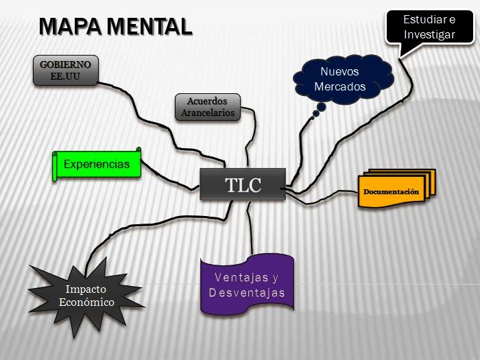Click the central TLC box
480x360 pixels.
coord(243,184)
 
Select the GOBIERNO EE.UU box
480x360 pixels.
coord(66,71)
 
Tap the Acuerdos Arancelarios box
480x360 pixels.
coord(208,108)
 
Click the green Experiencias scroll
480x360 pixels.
coord(97,165)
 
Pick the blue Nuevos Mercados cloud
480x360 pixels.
coord(340,79)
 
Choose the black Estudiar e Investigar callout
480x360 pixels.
coord(429,27)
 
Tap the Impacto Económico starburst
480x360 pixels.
coord(86,296)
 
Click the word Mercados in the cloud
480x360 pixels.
coord(340,87)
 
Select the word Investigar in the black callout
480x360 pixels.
coord(429,34)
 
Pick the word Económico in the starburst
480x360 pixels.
coord(86,302)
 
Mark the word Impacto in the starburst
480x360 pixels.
coord(86,289)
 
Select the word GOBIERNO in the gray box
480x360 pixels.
coord(66,64)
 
